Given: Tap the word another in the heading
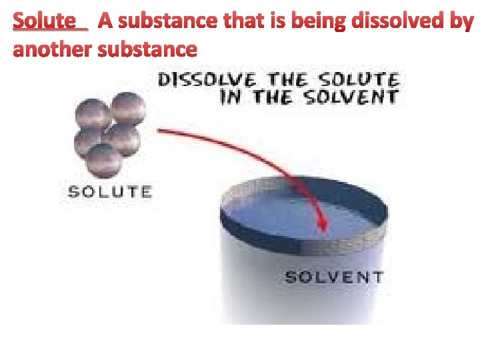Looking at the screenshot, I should click(x=53, y=49).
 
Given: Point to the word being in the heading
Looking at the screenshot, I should click(x=322, y=21).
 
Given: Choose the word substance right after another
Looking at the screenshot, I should click(x=147, y=49).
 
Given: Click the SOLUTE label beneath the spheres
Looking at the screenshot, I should click(x=110, y=192).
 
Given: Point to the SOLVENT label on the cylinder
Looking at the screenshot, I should click(x=334, y=276).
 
